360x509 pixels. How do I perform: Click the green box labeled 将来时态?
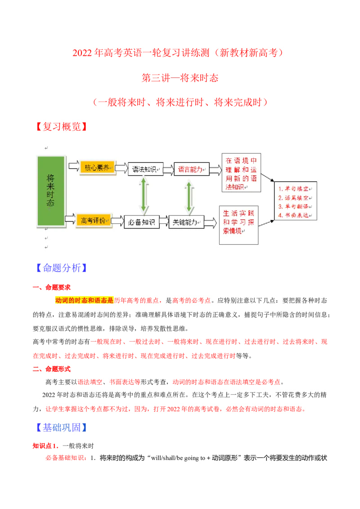(51, 191)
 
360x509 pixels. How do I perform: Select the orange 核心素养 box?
(98, 168)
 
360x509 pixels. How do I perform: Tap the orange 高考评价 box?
(94, 221)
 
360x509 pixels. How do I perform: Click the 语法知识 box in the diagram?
(145, 169)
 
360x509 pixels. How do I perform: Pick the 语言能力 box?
(191, 169)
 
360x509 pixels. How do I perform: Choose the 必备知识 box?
(142, 222)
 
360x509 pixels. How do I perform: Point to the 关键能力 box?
(186, 222)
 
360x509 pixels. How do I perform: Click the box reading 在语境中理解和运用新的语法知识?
(241, 173)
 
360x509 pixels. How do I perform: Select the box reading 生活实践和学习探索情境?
(238, 225)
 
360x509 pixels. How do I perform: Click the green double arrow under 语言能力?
(189, 196)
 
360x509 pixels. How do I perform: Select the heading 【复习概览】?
(61, 127)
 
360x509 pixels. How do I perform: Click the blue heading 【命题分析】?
(61, 268)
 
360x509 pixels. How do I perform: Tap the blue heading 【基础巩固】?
(61, 428)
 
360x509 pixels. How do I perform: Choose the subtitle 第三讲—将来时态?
(180, 78)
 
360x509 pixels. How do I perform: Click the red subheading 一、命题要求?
(52, 287)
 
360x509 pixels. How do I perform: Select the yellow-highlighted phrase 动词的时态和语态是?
(85, 300)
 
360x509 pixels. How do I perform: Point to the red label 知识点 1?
(46, 446)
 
